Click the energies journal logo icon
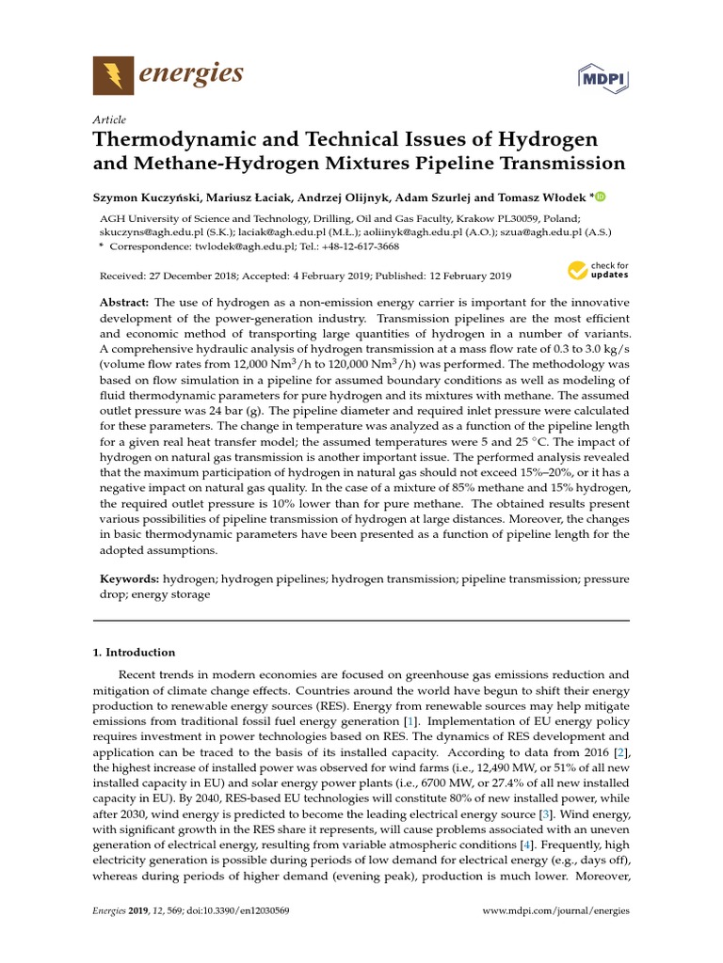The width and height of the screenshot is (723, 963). (x=113, y=74)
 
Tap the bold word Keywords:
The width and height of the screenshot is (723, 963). (x=130, y=579)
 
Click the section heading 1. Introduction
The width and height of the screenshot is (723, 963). (x=133, y=652)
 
